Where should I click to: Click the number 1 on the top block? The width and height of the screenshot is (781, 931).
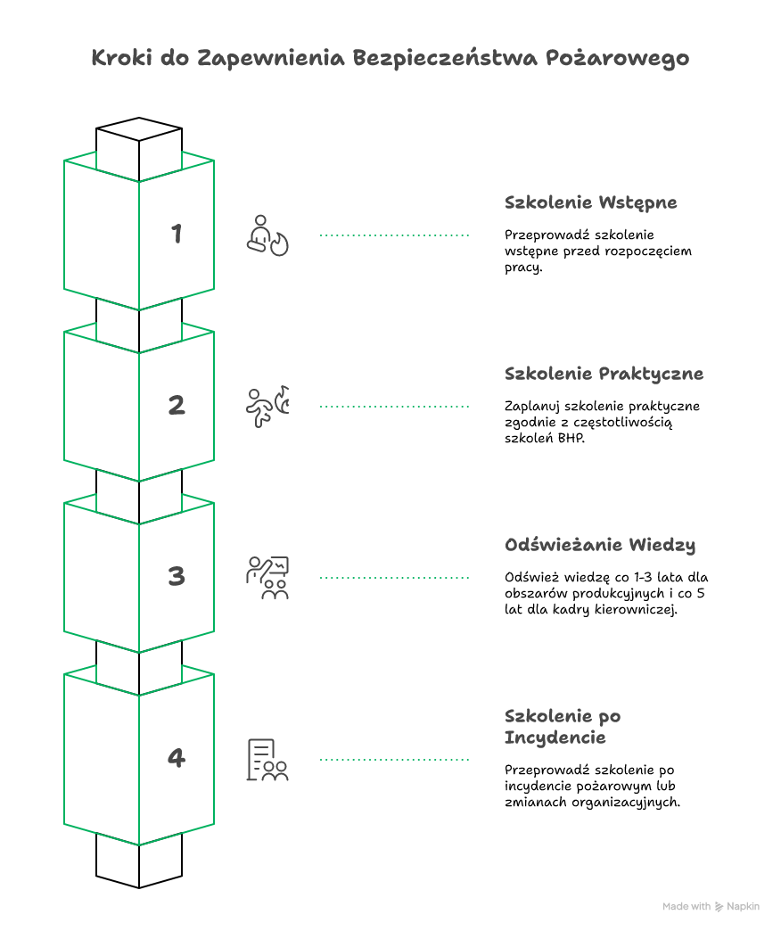(177, 234)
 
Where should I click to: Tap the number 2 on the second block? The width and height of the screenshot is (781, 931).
(177, 406)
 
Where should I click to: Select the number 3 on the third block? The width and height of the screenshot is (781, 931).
(177, 576)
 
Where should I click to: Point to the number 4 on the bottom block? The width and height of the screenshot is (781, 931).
(177, 758)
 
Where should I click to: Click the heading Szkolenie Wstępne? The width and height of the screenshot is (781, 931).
(590, 202)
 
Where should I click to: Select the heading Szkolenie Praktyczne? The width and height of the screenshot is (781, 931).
(604, 374)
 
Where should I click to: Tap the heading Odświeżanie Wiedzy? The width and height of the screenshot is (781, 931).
(600, 545)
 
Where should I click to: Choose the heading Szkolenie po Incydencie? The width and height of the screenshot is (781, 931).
(563, 727)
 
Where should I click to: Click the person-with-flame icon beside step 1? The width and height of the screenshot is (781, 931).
(267, 235)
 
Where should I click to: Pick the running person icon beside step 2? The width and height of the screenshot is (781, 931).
(267, 407)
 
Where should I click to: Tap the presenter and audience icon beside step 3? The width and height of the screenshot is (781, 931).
(267, 578)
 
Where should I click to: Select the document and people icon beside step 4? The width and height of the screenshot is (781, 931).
(267, 760)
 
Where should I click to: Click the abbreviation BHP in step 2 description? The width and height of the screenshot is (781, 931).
(571, 439)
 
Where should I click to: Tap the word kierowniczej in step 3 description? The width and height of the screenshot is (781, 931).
(637, 610)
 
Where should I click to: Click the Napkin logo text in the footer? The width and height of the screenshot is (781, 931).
(743, 906)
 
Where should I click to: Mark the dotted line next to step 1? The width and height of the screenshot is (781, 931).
(394, 235)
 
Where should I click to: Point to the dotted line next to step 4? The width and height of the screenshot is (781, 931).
(394, 760)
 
